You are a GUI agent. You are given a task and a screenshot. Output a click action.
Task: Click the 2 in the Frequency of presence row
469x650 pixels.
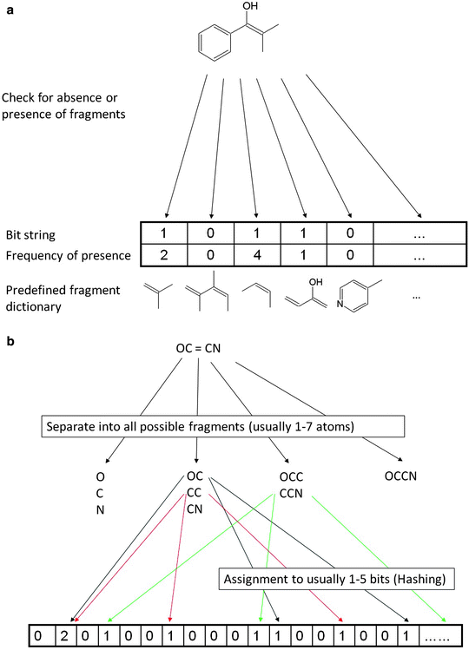(x=164, y=256)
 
